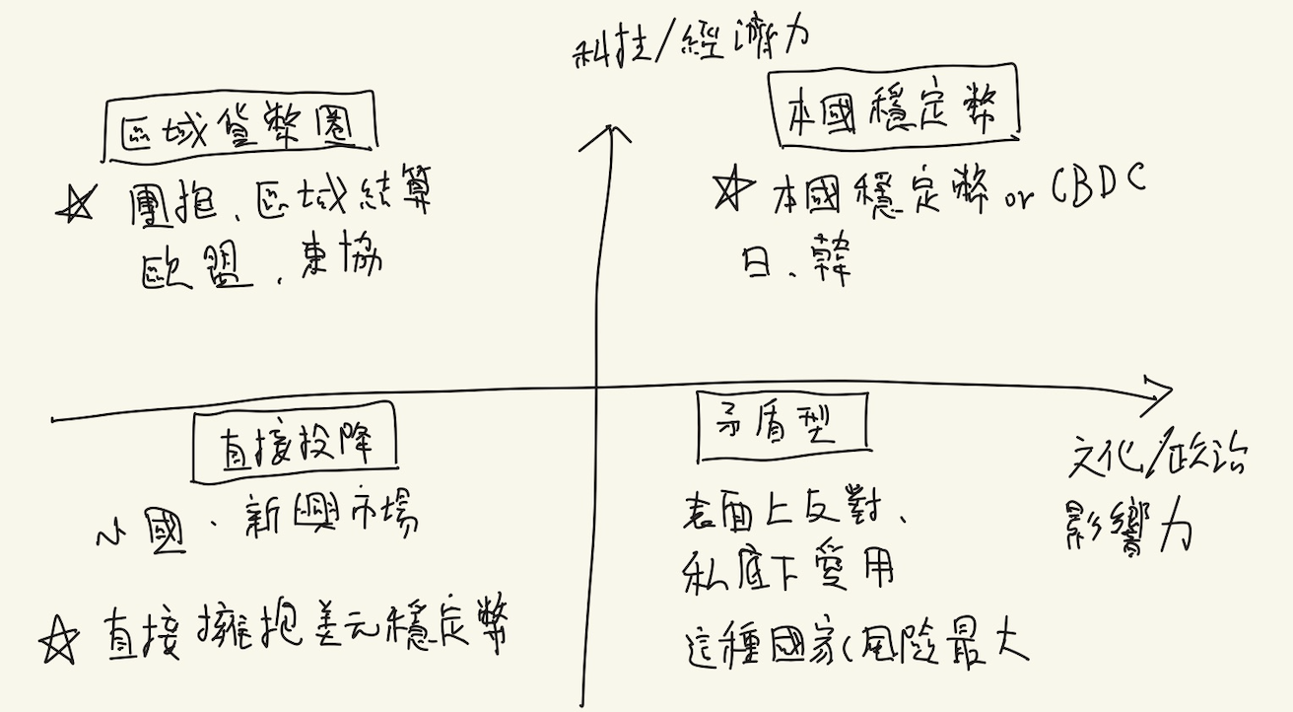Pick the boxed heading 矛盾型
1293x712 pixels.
coord(781,427)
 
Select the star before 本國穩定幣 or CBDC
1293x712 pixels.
coord(732,192)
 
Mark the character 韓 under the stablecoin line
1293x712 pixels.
coord(825,257)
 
